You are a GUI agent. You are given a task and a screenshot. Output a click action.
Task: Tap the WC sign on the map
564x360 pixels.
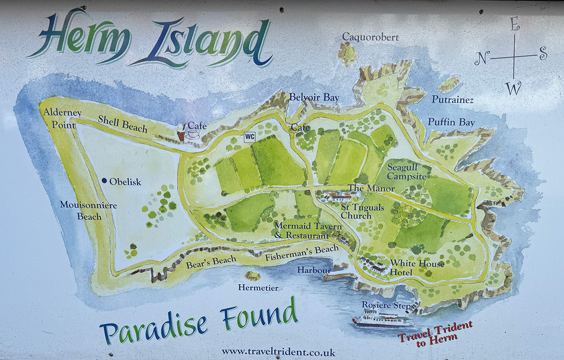[250, 137]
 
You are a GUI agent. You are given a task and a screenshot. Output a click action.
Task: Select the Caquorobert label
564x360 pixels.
[370, 37]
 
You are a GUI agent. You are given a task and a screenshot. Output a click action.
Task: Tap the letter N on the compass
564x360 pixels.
[481, 59]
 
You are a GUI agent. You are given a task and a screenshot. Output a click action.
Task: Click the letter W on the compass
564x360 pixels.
[515, 87]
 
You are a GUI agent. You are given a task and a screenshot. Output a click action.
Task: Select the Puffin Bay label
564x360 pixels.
[451, 122]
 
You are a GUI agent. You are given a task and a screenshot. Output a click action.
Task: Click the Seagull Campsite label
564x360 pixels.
[407, 172]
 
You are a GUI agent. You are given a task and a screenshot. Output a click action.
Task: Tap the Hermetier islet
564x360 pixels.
[253, 276]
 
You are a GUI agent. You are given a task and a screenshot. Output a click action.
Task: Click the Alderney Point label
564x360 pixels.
[62, 117]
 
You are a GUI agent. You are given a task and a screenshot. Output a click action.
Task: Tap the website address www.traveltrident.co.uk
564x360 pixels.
[278, 352]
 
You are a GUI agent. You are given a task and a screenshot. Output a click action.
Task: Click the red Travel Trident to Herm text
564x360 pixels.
[435, 333]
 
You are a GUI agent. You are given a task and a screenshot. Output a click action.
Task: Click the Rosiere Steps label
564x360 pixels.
[388, 305]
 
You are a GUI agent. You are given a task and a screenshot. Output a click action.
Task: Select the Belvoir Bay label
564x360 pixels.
[314, 98]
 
